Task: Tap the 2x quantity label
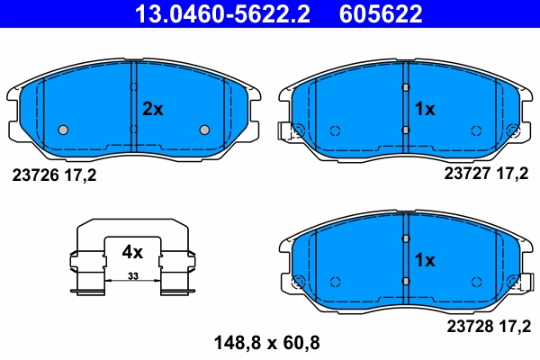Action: [153, 109]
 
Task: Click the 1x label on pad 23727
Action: [424, 109]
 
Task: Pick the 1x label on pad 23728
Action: [424, 260]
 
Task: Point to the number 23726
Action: [36, 175]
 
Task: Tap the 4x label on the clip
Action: [132, 253]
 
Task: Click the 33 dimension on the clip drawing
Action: [132, 275]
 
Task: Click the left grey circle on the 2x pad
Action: [63, 130]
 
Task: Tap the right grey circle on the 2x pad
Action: [204, 130]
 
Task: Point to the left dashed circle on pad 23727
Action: [335, 130]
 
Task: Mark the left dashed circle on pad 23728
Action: [335, 281]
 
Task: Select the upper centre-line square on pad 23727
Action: [406, 87]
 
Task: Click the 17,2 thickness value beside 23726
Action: [79, 175]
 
